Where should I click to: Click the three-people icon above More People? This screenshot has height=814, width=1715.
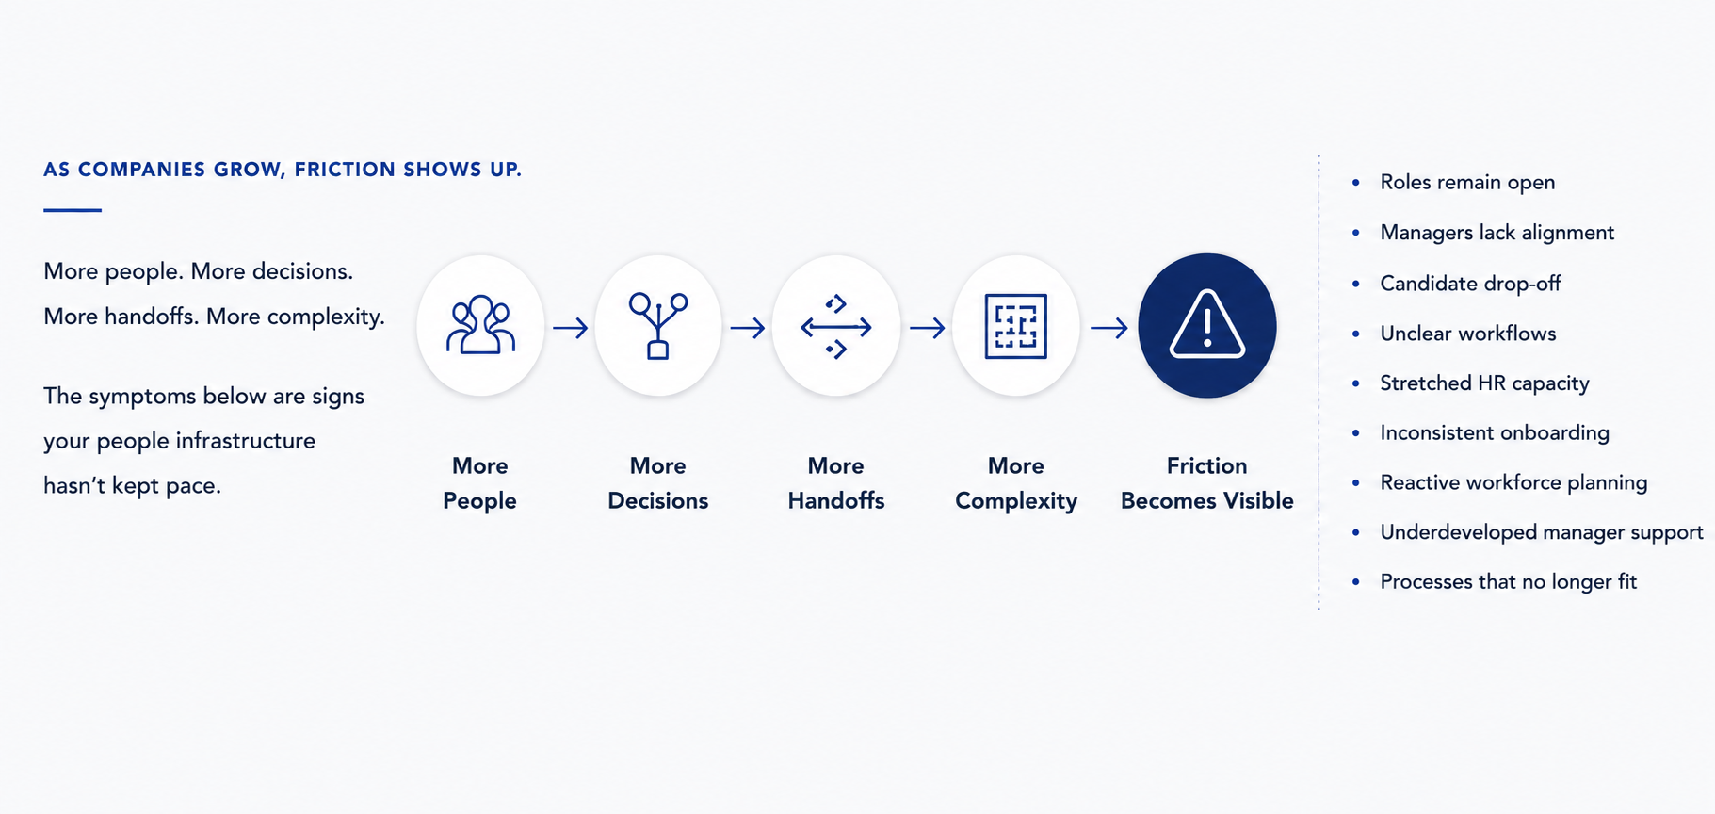pos(480,325)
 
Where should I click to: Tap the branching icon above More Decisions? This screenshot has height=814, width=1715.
pos(658,326)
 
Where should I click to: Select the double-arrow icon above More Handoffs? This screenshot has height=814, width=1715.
pos(836,327)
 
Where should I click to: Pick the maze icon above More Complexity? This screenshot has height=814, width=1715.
pos(1015,326)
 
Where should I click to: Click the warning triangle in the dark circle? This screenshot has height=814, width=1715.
pos(1207,325)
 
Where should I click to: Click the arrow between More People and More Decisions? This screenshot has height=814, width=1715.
pos(570,328)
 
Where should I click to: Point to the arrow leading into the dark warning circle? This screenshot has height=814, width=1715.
pos(1108,328)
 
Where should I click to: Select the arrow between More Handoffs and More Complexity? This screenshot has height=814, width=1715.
pos(927,328)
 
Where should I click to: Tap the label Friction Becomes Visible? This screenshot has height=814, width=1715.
pos(1206,483)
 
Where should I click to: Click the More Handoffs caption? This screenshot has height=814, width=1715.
pos(836,483)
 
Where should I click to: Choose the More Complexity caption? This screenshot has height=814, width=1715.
pos(1016,483)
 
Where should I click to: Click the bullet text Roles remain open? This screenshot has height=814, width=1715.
pos(1467,183)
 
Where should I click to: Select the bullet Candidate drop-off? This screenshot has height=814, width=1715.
pos(1470,284)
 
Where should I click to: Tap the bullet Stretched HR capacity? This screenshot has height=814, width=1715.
pos(1484,383)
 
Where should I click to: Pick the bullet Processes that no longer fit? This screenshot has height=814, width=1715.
pos(1508,582)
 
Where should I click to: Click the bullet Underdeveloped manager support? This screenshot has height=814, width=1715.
pos(1542,532)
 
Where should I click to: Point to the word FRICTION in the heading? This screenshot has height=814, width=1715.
pos(345,170)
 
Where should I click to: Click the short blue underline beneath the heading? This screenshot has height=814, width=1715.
pos(73,210)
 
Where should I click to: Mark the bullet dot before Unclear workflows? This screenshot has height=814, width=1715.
pos(1355,334)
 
